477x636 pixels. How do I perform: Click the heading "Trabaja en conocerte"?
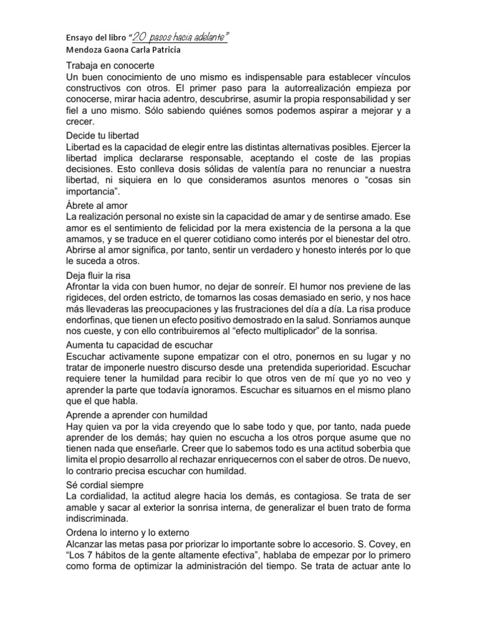click(109, 66)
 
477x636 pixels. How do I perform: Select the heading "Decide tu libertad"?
click(102, 135)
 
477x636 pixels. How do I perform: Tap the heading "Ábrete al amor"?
click(96, 205)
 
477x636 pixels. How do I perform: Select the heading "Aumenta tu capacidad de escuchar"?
click(139, 344)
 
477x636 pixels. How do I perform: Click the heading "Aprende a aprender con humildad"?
click(137, 414)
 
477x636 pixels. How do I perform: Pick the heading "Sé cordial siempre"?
click(104, 484)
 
